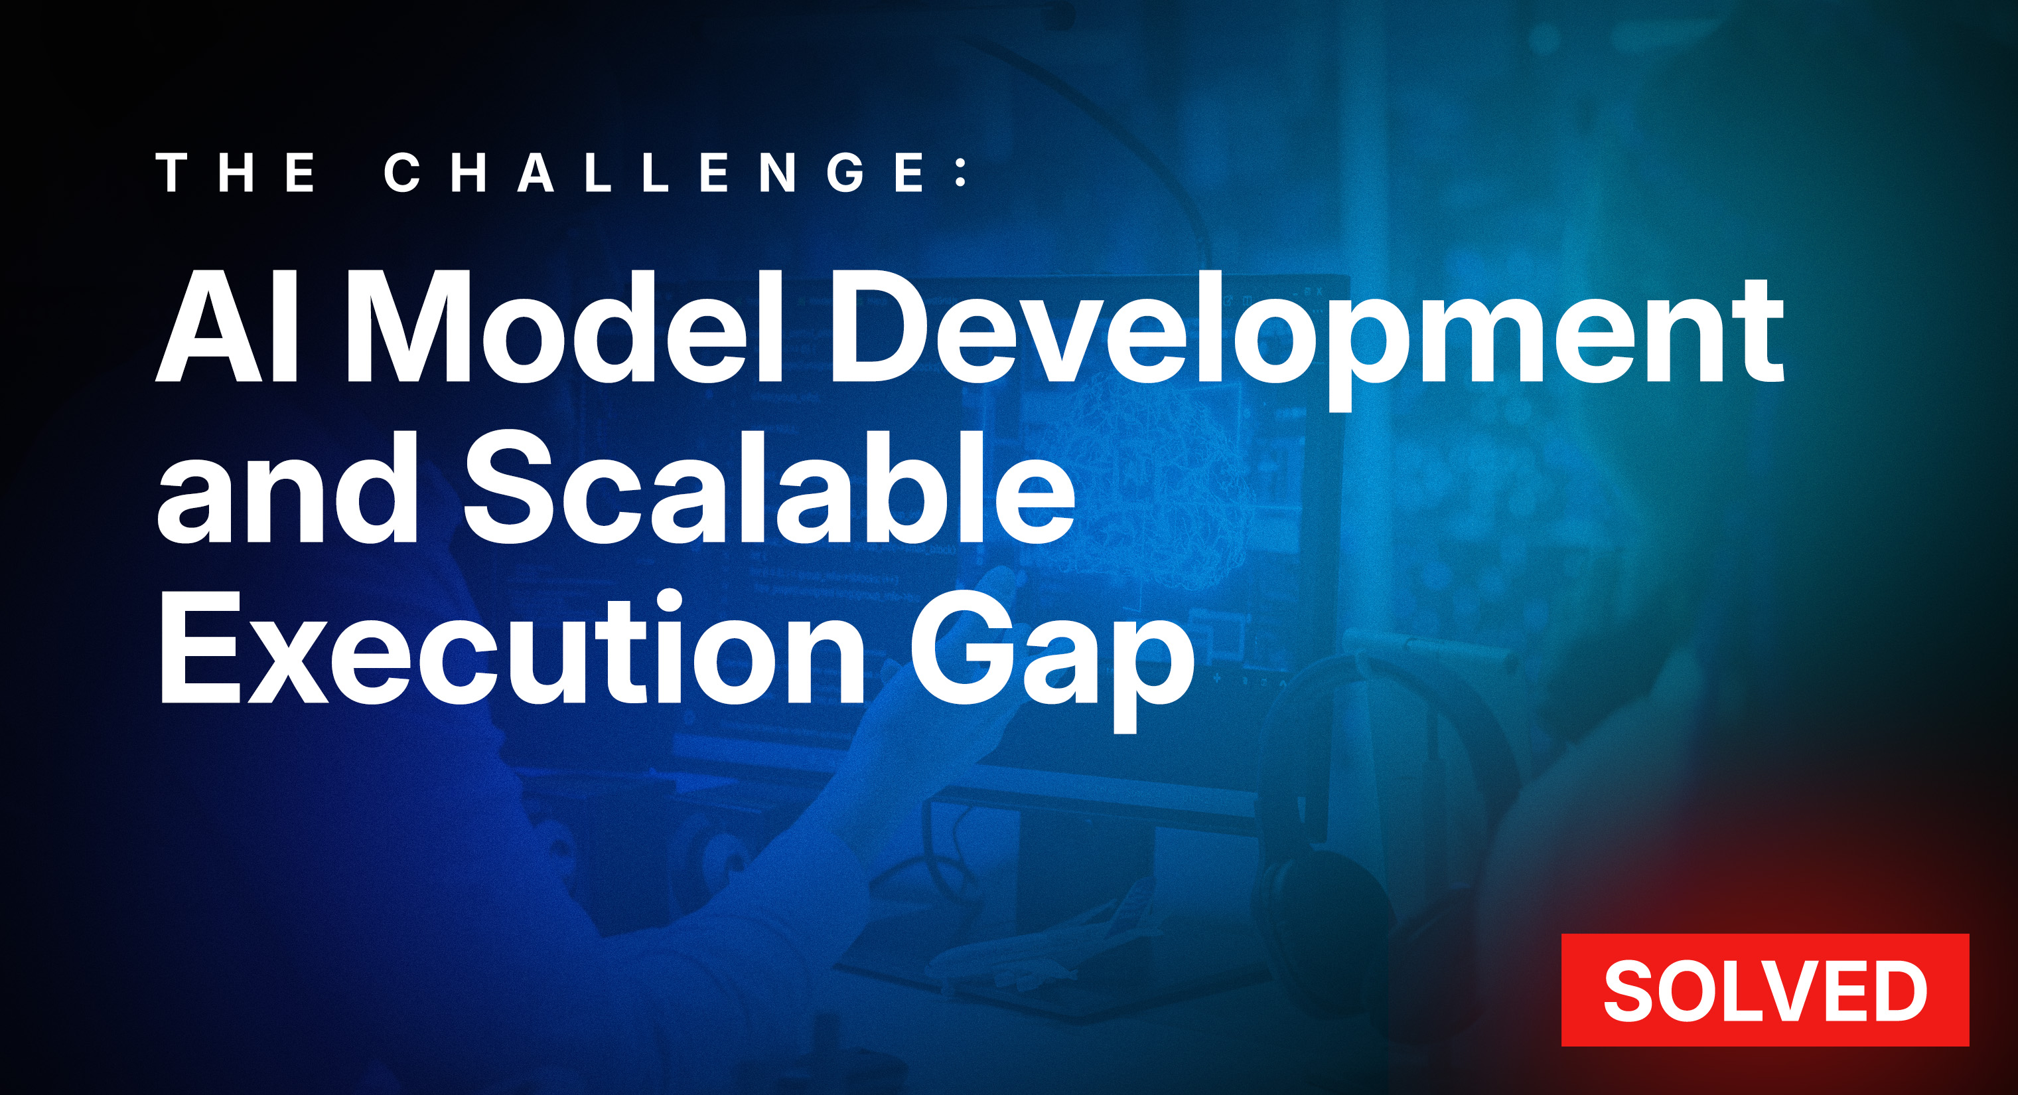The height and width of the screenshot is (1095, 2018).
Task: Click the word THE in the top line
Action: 237,173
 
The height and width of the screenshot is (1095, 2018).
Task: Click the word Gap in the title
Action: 1052,659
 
